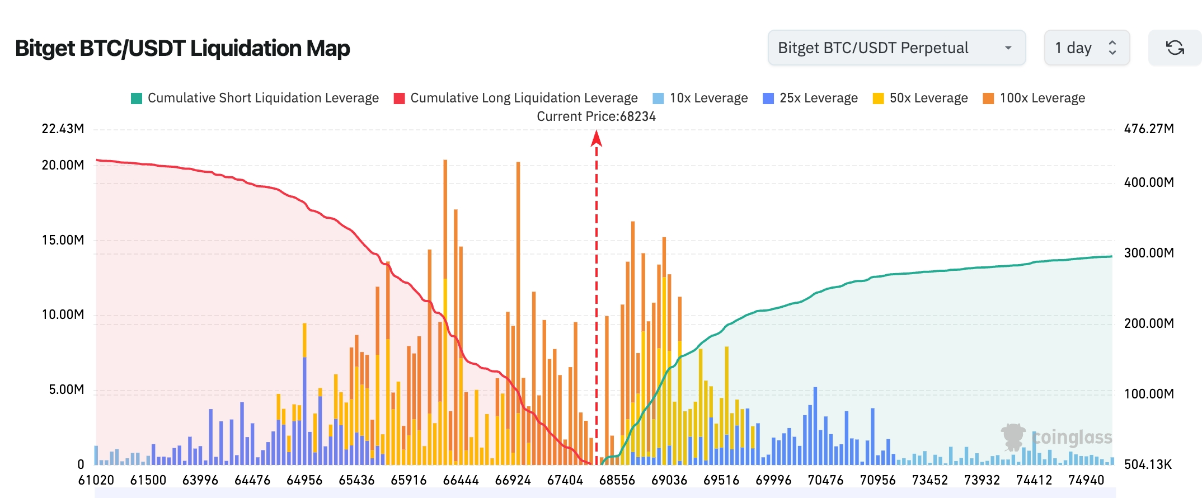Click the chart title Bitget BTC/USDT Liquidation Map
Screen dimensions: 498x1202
point(182,49)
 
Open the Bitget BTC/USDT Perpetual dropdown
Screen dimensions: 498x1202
point(896,48)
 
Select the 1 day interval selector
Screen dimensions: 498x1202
point(1086,48)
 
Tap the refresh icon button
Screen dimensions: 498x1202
point(1175,48)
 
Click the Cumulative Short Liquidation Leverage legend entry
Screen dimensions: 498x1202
point(255,98)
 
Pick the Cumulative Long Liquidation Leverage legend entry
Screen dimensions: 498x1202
point(515,98)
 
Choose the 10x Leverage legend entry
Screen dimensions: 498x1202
point(700,98)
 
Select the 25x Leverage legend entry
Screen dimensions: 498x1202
point(810,98)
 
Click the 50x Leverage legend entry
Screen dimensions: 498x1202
point(920,98)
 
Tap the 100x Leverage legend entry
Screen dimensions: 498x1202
point(1034,98)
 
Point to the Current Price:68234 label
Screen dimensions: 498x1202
point(596,116)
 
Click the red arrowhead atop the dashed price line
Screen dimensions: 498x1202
point(597,138)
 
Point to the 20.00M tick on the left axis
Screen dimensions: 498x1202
point(63,165)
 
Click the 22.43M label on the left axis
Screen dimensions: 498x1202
point(63,129)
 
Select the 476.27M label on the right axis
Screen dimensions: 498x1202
point(1149,129)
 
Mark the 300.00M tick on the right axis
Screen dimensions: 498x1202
point(1149,253)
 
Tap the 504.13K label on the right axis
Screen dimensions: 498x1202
point(1148,464)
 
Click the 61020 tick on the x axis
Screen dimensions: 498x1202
point(96,480)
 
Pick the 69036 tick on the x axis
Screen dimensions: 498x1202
point(669,480)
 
